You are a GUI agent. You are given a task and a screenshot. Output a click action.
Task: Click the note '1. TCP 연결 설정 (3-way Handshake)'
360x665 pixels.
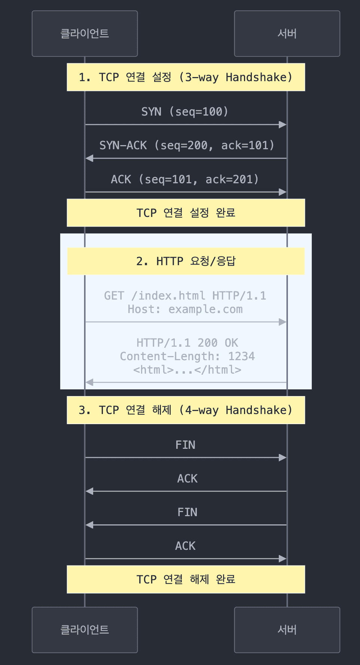tap(186, 77)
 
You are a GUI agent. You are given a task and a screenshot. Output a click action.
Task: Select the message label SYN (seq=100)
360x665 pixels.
tap(185, 111)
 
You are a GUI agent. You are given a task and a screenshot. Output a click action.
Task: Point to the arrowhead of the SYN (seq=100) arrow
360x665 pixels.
tap(283, 125)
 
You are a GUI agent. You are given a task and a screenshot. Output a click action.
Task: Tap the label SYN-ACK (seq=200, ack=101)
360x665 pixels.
tap(187, 145)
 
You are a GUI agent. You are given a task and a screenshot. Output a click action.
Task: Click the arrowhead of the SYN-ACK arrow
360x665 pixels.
tap(89, 158)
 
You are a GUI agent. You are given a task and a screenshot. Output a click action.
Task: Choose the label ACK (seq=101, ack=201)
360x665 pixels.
tap(185, 179)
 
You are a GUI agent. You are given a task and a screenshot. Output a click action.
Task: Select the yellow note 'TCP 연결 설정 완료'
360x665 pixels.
tap(186, 213)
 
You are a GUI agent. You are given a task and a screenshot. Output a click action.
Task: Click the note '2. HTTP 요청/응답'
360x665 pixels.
tap(186, 261)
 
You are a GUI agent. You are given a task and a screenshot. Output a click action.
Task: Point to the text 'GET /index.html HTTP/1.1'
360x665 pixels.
tap(185, 295)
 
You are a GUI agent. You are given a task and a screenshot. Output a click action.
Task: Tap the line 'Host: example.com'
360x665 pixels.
tap(185, 309)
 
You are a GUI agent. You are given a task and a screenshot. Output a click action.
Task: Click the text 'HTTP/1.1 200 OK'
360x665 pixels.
tap(187, 343)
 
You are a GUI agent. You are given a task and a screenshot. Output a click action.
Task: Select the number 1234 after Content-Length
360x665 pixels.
tap(241, 356)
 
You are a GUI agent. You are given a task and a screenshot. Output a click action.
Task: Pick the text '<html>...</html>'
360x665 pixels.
tap(187, 370)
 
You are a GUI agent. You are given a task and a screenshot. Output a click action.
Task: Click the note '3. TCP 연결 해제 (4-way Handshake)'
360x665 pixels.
tap(186, 410)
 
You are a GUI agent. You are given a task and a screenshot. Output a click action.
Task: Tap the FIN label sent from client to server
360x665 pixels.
tap(185, 445)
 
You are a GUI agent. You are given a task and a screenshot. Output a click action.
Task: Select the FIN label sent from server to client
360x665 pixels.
tap(187, 512)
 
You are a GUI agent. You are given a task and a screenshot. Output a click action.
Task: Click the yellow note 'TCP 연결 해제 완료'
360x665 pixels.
tap(186, 579)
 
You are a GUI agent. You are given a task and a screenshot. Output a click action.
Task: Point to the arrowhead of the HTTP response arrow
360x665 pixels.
tap(89, 382)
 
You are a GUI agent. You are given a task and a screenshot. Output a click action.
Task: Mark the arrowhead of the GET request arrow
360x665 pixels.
tap(283, 322)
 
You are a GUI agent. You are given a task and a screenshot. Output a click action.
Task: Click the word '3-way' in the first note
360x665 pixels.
tap(202, 77)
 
